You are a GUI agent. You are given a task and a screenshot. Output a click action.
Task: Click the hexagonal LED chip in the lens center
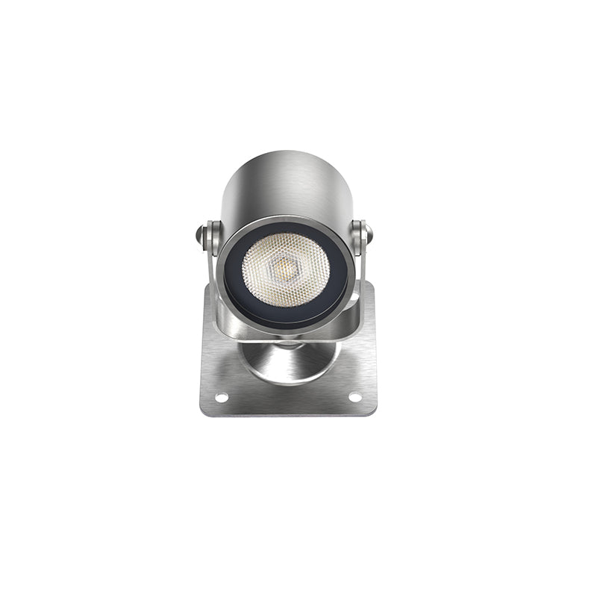point(285,263)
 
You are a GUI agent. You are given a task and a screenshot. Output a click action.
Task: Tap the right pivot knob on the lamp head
point(368,234)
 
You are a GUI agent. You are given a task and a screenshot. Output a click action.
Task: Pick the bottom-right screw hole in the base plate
point(354,396)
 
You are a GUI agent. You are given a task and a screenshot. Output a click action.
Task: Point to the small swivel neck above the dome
point(287,344)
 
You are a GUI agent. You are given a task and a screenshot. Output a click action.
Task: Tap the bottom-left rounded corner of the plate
point(203,411)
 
